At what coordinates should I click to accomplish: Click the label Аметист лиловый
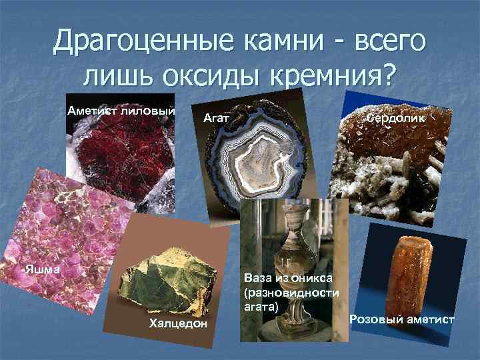[121, 111]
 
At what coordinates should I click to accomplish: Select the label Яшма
[42, 270]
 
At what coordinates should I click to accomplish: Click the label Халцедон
[178, 324]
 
